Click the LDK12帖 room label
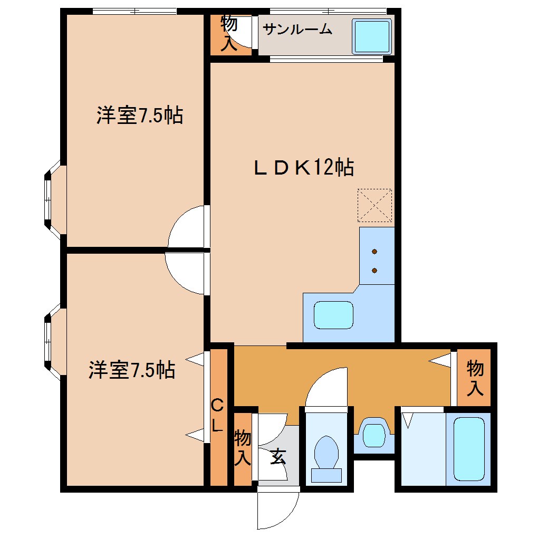(x=303, y=168)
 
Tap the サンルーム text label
(x=297, y=30)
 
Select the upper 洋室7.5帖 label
(x=140, y=115)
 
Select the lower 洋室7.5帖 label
(x=132, y=370)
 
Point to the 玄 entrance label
(x=277, y=457)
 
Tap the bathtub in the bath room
(x=469, y=448)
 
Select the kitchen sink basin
(x=333, y=315)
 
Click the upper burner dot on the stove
(x=374, y=251)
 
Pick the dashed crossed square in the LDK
(x=374, y=205)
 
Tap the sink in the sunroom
(x=372, y=36)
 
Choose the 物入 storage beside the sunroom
(x=228, y=33)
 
